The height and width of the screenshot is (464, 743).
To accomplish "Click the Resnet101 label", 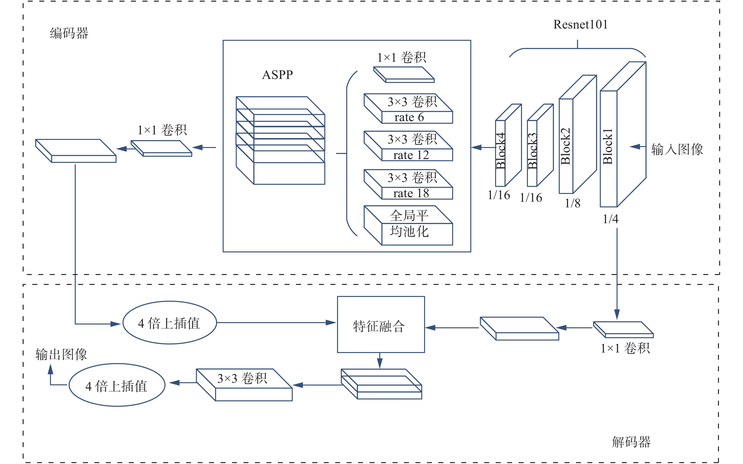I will [x=580, y=25].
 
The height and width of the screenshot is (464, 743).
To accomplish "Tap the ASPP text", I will [x=277, y=74].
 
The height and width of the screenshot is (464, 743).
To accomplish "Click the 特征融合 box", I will [x=381, y=325].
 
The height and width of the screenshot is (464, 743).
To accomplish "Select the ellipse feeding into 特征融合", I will [x=170, y=323].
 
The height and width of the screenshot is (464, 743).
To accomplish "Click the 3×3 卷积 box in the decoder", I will [x=244, y=385].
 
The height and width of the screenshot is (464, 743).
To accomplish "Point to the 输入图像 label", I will [x=677, y=149].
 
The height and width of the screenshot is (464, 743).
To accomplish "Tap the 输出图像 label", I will [x=61, y=354].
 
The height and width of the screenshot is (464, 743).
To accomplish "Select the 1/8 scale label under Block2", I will [x=572, y=203].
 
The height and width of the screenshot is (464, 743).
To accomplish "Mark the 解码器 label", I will [x=631, y=442].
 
